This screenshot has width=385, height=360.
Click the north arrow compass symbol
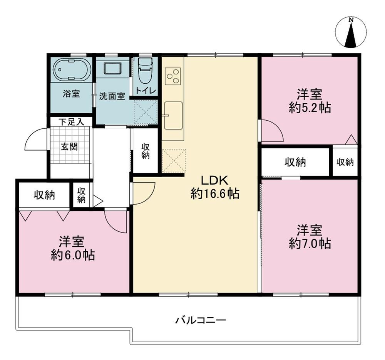(351, 32)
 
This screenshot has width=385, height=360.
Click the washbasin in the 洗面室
(113, 68)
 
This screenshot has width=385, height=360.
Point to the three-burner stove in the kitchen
(173, 76)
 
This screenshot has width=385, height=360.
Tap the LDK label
(215, 181)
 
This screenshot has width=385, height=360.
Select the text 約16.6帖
(215, 194)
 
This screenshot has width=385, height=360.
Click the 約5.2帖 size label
(310, 108)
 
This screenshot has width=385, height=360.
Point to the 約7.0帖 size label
(310, 244)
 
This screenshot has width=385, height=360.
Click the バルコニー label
(201, 320)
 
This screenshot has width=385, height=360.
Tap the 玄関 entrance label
(69, 147)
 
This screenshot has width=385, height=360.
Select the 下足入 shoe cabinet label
(71, 122)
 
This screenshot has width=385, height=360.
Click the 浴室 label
(71, 93)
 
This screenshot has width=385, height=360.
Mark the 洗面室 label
(112, 96)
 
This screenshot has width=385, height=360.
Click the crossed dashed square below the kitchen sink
(174, 160)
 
